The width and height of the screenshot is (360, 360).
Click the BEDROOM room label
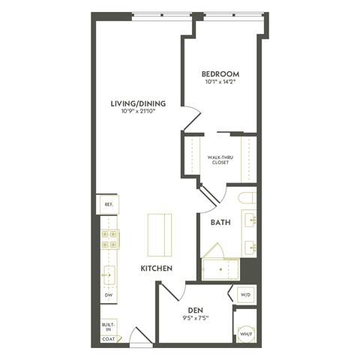[220, 73]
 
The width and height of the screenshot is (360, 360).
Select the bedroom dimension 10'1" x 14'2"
[220, 82]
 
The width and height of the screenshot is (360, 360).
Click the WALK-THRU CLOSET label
[221, 160]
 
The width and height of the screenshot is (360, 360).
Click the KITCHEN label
[157, 268]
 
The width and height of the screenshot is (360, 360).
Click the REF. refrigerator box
[108, 204]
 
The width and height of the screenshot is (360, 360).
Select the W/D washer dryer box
[245, 295]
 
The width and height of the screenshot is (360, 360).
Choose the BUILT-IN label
[108, 327]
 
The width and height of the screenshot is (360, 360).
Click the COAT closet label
[108, 339]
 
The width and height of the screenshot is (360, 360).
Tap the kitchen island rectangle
[159, 235]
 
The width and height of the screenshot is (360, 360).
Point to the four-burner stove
[108, 239]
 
